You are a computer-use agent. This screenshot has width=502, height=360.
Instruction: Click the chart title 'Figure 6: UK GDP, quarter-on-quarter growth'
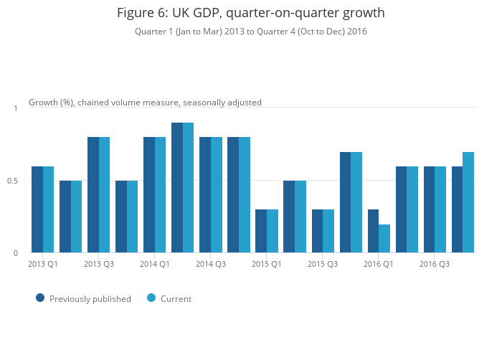[251, 13]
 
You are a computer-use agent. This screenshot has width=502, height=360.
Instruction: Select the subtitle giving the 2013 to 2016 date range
[251, 32]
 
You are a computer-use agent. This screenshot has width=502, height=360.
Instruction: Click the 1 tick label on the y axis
[16, 108]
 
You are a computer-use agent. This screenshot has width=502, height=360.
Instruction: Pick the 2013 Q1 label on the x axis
[43, 265]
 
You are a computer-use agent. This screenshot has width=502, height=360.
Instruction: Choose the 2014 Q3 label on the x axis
[211, 265]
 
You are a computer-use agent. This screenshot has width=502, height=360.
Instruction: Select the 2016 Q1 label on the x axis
[379, 265]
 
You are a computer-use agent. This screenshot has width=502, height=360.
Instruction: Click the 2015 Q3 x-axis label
[323, 265]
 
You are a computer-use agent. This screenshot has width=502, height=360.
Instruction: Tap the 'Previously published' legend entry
[90, 299]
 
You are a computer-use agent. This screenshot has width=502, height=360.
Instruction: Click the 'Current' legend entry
[176, 299]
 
